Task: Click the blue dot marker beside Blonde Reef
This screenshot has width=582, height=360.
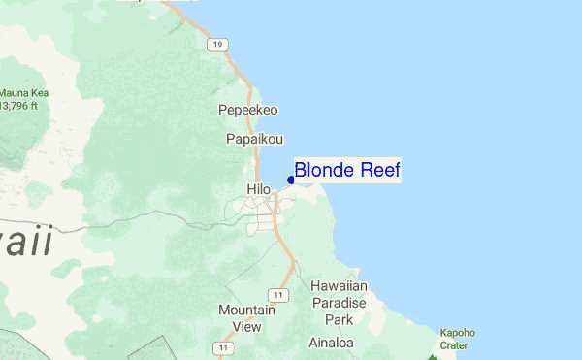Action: click(291, 179)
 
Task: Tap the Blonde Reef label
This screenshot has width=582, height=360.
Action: click(347, 170)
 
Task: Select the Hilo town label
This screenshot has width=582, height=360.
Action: click(259, 189)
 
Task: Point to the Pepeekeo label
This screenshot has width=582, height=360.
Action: click(248, 111)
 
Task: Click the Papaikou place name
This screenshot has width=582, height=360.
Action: click(254, 140)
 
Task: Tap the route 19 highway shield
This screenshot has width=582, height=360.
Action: click(218, 45)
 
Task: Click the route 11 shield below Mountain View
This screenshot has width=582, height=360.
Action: click(225, 347)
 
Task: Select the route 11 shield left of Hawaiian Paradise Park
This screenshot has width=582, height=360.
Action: click(279, 294)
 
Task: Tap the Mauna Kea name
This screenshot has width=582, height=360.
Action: click(25, 94)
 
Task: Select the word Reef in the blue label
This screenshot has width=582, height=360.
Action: click(379, 170)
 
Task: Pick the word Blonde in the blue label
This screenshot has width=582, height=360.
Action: click(324, 170)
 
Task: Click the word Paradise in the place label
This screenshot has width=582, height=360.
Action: click(339, 303)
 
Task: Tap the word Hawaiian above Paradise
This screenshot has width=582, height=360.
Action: click(339, 287)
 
